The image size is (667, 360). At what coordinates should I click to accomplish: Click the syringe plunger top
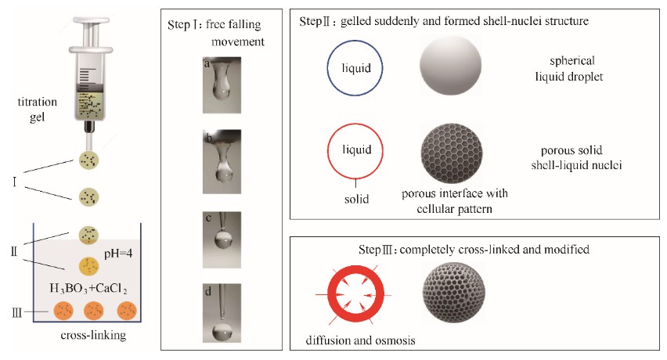91,20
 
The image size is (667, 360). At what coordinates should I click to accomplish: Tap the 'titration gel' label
37,110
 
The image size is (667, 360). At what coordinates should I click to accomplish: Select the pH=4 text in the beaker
118,254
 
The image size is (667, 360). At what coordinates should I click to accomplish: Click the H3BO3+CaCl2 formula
88,289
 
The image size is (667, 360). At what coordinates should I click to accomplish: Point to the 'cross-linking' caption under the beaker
93,335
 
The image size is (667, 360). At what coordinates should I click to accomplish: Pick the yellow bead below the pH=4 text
89,266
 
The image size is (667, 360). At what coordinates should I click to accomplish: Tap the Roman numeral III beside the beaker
16,313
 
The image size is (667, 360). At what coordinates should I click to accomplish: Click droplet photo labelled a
222,85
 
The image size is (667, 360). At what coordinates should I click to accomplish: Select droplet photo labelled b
222,161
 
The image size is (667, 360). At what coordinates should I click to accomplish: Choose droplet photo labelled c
222,239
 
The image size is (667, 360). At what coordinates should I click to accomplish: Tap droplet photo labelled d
222,313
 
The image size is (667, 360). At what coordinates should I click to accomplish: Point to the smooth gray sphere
450,65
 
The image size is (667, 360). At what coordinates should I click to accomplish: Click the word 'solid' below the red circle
356,199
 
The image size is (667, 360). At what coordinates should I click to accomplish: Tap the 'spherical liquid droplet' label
569,68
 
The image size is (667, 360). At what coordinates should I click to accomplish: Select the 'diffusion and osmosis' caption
360,340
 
